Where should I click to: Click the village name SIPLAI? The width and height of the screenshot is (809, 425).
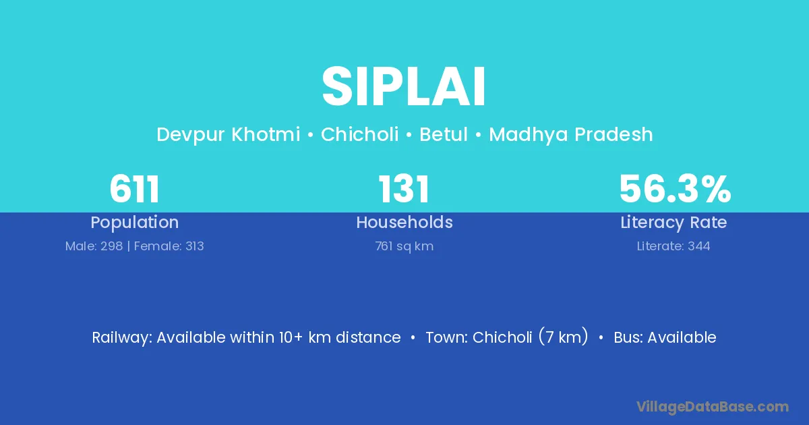click(404, 87)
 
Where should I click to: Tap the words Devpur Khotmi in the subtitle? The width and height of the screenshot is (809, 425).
click(229, 135)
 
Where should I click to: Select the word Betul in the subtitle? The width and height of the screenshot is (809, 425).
click(444, 134)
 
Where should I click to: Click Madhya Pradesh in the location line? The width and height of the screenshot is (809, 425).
click(571, 135)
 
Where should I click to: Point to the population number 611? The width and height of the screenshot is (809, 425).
click(134, 189)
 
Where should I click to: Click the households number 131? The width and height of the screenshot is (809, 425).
click(404, 189)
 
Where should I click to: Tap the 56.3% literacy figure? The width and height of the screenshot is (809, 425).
click(675, 189)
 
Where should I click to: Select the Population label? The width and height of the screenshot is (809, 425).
click(135, 223)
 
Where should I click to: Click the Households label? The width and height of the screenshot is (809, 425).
click(404, 222)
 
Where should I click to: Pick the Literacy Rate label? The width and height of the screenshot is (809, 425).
click(673, 223)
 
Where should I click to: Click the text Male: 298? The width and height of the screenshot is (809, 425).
click(94, 246)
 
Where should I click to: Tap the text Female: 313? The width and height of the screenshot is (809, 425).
click(169, 246)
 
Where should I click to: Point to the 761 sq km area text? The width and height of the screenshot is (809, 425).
click(404, 246)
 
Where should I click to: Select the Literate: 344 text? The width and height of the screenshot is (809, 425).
click(673, 246)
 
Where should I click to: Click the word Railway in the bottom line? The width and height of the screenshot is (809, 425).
click(122, 338)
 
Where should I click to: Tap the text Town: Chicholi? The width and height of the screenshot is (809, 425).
click(479, 337)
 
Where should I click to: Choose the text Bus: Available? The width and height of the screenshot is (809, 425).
click(665, 337)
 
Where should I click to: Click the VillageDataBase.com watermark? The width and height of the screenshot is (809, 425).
click(712, 407)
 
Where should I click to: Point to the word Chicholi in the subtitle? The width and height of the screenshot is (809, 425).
click(360, 134)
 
